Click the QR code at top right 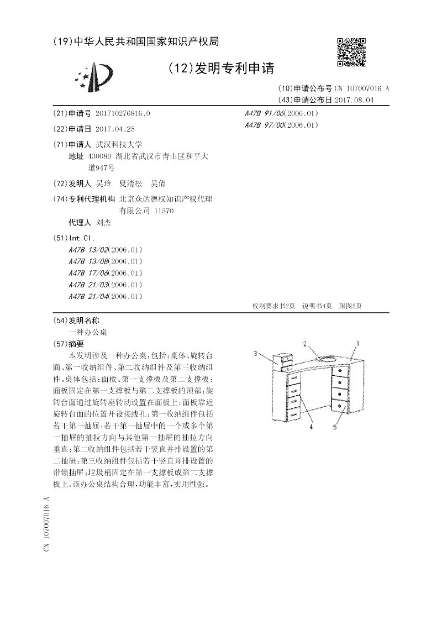coord(351,52)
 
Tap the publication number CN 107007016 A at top coord(362,88)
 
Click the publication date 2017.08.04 coord(354,99)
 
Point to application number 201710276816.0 coord(122,113)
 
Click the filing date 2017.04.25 coord(115,129)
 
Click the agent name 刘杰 coord(104,222)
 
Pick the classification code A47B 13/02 coord(89,250)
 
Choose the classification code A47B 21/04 coord(89,296)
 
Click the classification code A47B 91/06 coord(264,113)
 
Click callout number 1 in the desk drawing coord(357,343)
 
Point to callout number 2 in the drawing coord(305,344)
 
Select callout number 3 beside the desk coord(256,353)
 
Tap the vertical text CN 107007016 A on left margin coord(48,525)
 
